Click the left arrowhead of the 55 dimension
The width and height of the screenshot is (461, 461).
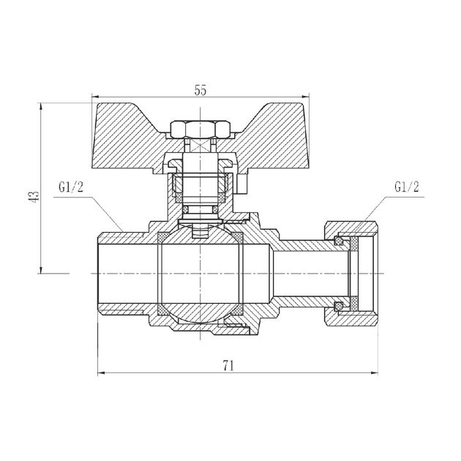[93, 97]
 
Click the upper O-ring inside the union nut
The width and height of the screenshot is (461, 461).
[338, 241]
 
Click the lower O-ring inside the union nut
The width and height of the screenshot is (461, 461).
[338, 304]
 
